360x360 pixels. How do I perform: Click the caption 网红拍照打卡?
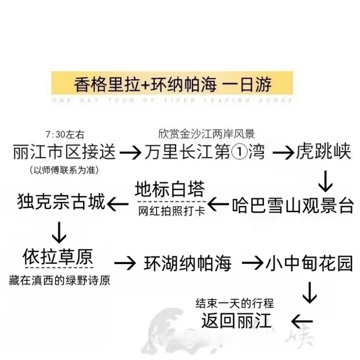tap(171, 211)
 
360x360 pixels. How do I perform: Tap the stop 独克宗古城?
tap(60, 202)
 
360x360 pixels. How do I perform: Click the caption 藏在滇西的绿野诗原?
tap(60, 280)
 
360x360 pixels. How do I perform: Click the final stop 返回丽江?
tap(237, 320)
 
